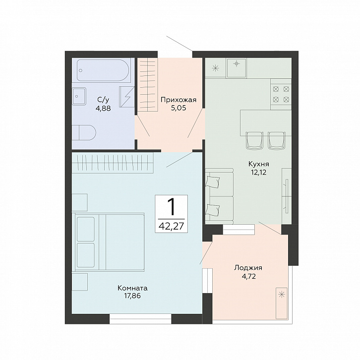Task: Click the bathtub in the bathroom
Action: [x=103, y=70]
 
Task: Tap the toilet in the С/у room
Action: [x=84, y=132]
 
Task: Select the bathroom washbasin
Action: [x=79, y=96]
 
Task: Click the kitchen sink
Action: [x=236, y=68]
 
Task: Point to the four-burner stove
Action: [x=281, y=94]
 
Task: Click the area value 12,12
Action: [x=258, y=172]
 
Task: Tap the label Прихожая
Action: [x=179, y=100]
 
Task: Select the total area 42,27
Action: [x=171, y=227]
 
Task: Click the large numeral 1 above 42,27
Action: [x=171, y=207]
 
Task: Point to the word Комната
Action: [x=132, y=288]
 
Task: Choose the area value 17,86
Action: [x=132, y=296]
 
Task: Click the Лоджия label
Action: [x=248, y=268]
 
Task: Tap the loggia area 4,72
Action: [x=248, y=276]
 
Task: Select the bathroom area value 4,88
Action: [x=103, y=108]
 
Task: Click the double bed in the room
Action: [x=108, y=242]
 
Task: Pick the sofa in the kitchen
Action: [x=219, y=196]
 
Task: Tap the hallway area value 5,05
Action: [x=179, y=108]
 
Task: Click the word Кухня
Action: [x=258, y=164]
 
